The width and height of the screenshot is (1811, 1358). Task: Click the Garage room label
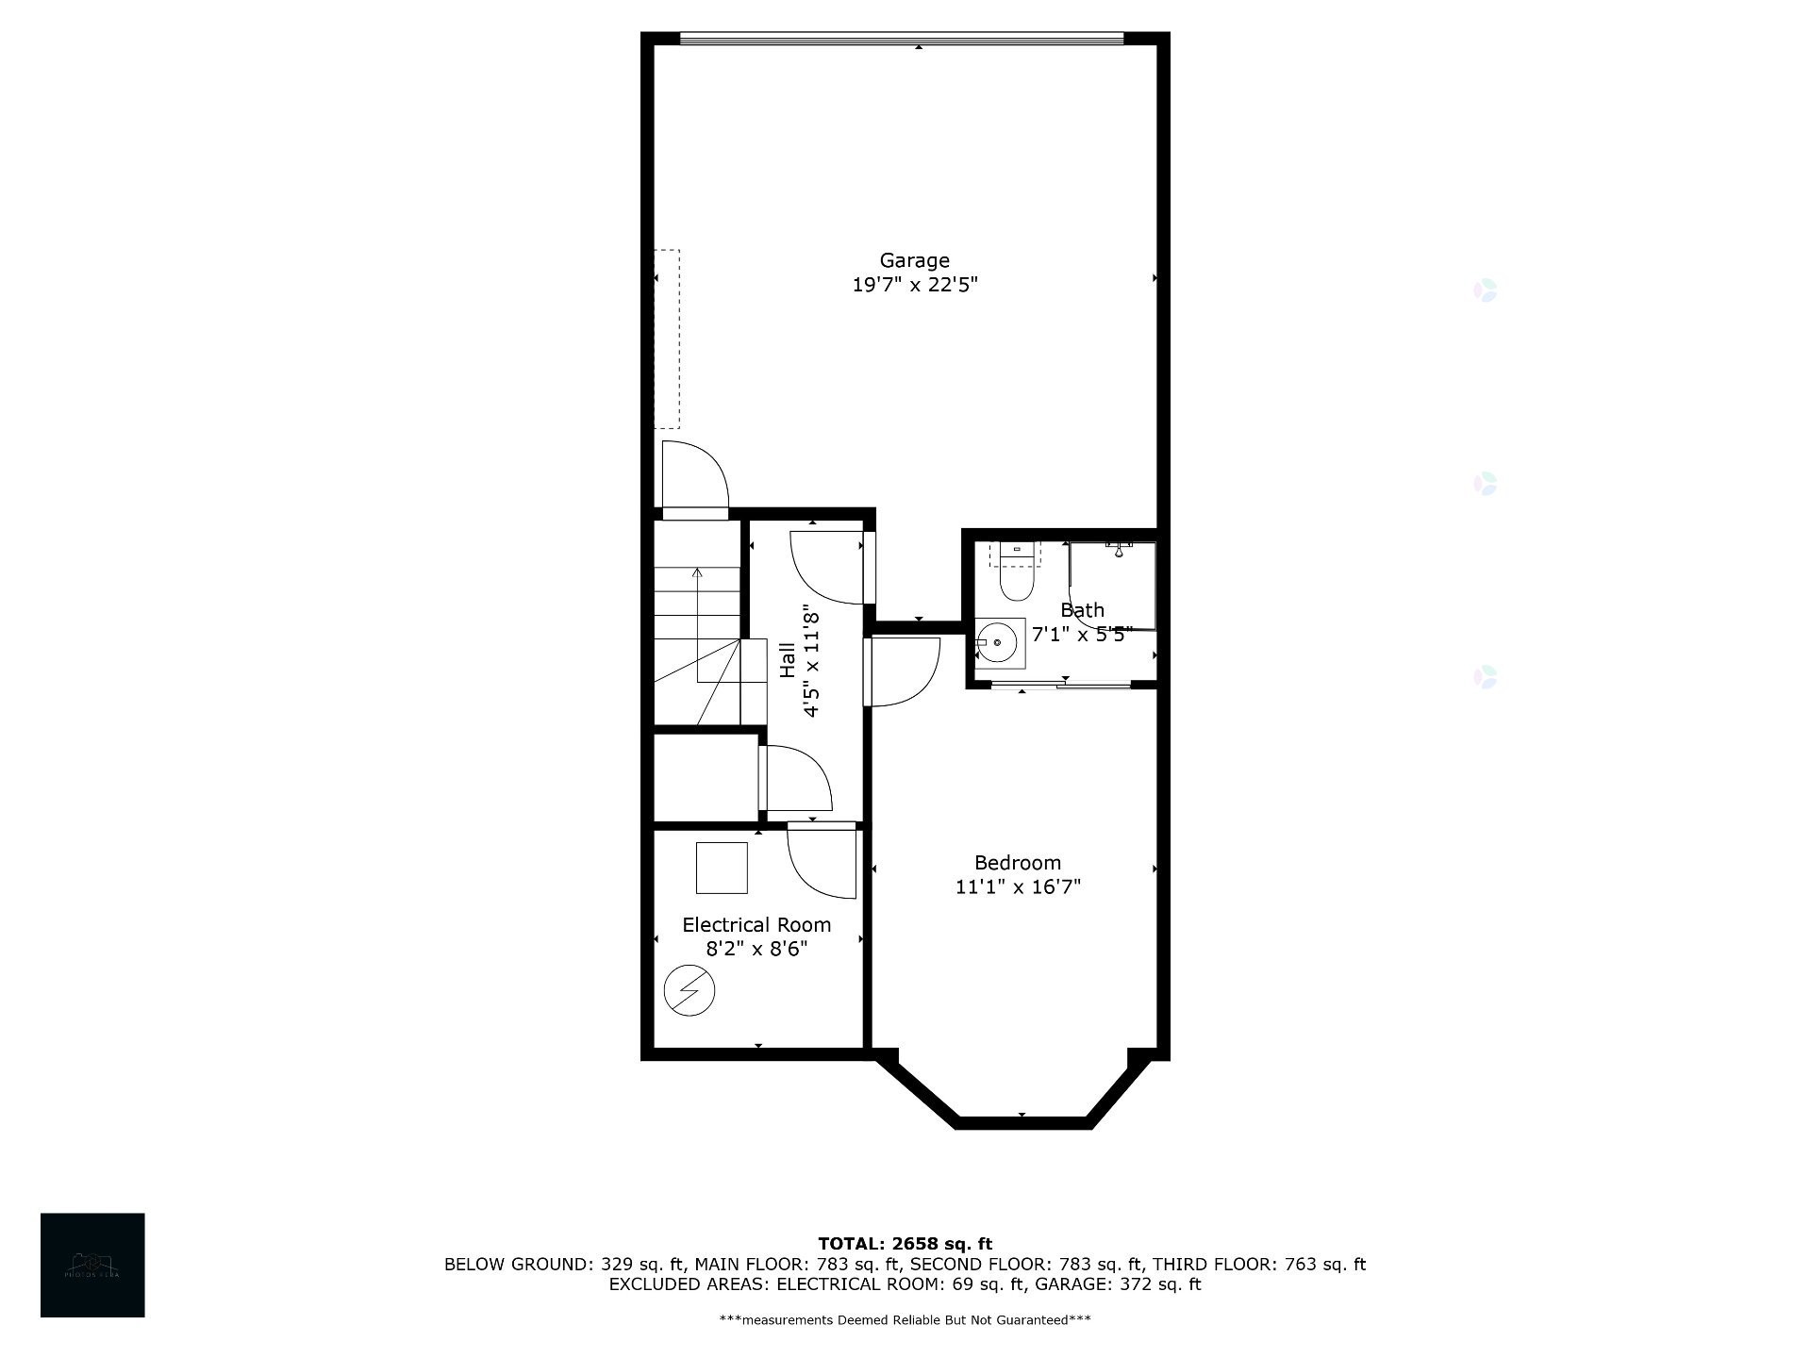(x=914, y=260)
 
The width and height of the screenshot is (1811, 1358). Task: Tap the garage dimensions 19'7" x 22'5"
(x=914, y=285)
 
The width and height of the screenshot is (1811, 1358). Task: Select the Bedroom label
(x=1017, y=863)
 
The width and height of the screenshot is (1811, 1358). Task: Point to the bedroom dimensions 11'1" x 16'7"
(x=1017, y=887)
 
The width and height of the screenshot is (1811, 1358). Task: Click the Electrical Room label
(x=756, y=925)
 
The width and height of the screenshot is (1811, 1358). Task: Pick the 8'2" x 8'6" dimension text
(x=756, y=949)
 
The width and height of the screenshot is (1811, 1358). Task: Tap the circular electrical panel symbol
(x=690, y=991)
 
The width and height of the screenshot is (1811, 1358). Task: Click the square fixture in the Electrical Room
(x=722, y=868)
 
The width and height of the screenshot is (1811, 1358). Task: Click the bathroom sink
(x=998, y=643)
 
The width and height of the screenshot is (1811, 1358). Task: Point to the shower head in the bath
(x=1119, y=549)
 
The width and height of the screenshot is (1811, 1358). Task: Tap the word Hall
(x=787, y=660)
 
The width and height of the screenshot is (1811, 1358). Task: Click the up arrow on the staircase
(x=697, y=572)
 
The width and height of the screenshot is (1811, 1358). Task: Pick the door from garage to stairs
(x=694, y=479)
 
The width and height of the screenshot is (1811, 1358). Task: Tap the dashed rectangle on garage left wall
(x=667, y=339)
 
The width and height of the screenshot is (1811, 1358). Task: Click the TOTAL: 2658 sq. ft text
(x=905, y=1244)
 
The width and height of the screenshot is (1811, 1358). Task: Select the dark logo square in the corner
(x=92, y=1265)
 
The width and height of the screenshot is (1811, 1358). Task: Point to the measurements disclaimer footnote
(x=905, y=1319)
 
